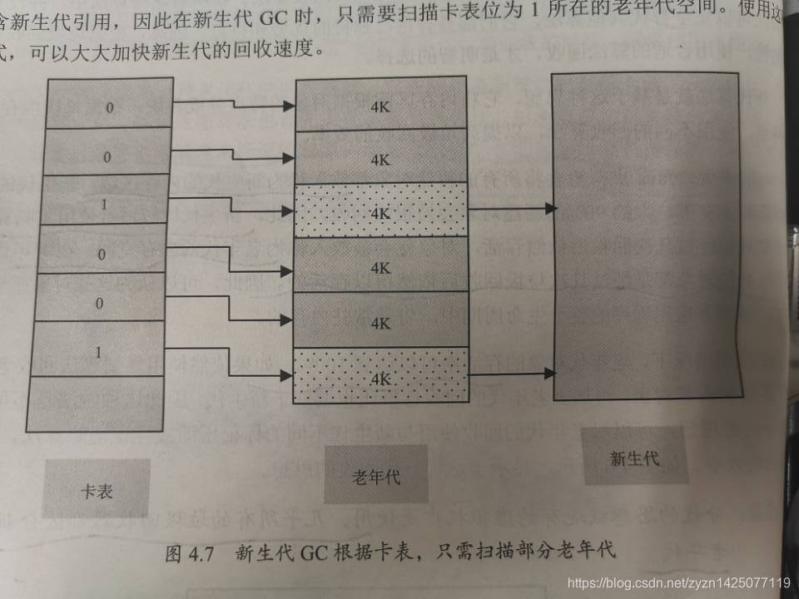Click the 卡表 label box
(97, 489)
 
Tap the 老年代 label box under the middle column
(375, 475)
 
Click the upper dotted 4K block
(380, 212)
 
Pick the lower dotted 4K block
(380, 376)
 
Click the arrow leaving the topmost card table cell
(233, 105)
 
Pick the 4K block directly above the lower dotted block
(380, 322)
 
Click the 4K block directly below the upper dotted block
(380, 268)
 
